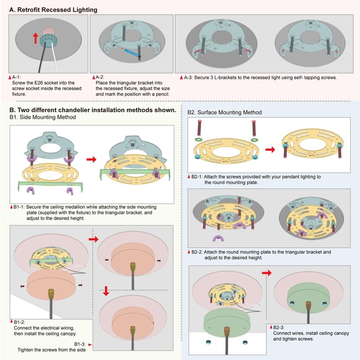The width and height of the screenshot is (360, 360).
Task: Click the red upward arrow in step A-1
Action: (x=36, y=38)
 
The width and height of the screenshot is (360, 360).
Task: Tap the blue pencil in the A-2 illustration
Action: (x=130, y=52)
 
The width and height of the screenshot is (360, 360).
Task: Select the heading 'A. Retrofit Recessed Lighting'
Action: (x=53, y=10)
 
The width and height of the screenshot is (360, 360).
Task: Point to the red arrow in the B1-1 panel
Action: (x=91, y=159)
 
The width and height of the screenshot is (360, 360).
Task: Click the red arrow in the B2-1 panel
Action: (x=270, y=150)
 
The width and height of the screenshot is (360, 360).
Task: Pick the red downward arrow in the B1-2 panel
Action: (x=106, y=291)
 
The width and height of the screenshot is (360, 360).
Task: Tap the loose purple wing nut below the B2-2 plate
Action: (x=217, y=238)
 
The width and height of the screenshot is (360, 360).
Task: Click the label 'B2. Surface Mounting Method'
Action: (x=225, y=112)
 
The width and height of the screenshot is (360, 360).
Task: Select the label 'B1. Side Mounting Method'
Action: (x=43, y=117)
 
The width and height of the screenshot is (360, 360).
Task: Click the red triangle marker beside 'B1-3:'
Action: (x=90, y=345)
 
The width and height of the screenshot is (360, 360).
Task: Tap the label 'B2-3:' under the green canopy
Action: (x=279, y=328)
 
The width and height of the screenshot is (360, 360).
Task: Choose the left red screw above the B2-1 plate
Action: (x=199, y=128)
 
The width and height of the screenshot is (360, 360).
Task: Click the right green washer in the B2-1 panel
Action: (x=254, y=140)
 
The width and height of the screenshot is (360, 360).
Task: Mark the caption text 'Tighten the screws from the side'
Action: (x=52, y=350)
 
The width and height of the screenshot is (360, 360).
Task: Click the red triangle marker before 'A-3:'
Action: (x=181, y=77)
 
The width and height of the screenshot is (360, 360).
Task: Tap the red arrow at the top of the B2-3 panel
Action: (x=267, y=273)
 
